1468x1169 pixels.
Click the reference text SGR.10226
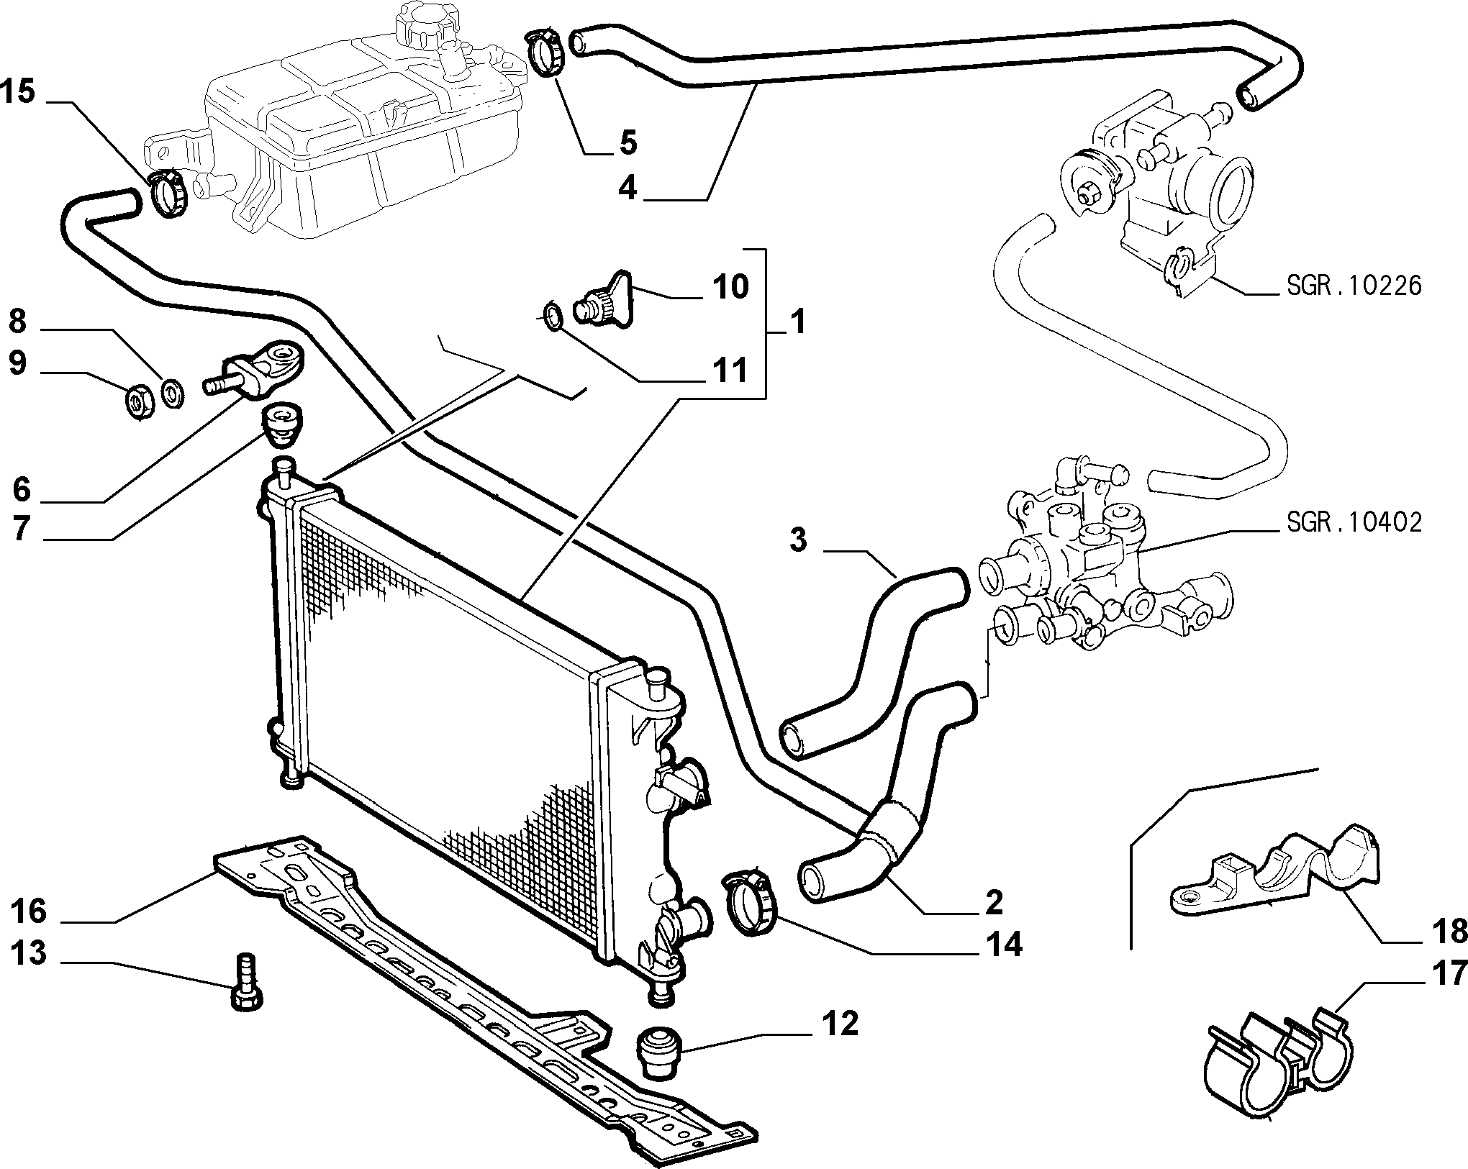point(1354,286)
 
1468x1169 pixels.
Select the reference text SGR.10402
point(1354,522)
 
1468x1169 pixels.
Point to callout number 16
point(29,911)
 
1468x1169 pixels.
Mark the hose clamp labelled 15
point(168,191)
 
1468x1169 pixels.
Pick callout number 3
point(799,540)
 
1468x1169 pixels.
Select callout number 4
point(627,188)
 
